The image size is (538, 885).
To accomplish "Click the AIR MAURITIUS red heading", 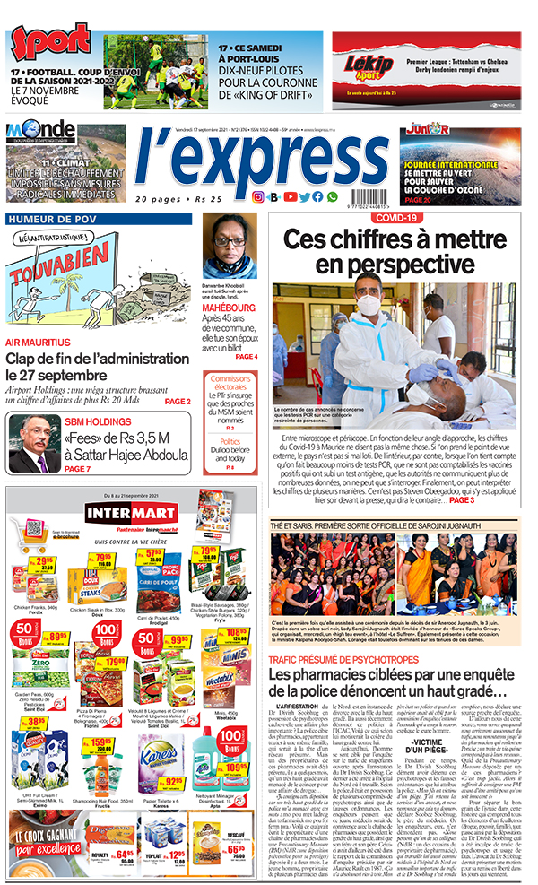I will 39,343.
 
